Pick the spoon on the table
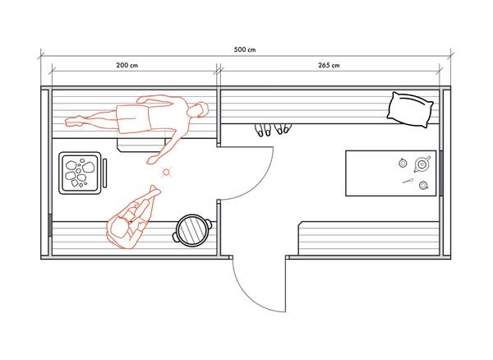click(407, 179)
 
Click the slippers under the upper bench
click(272, 130)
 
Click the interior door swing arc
click(259, 177)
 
